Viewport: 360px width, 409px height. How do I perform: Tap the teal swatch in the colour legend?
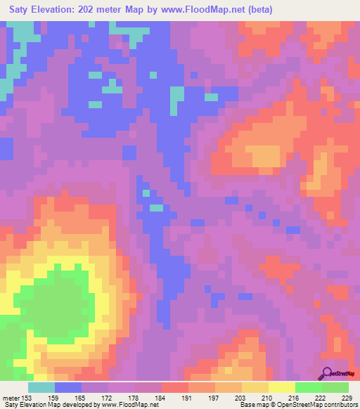41,387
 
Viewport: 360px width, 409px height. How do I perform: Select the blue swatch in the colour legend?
68,387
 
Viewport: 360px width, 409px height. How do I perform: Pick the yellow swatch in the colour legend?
282,387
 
